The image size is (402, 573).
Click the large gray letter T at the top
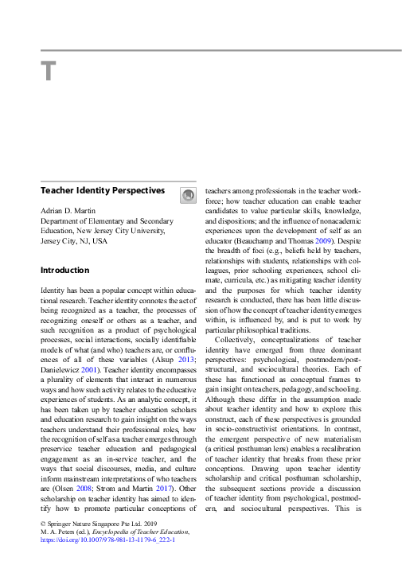[x=49, y=72]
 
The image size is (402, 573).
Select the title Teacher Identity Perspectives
[x=102, y=191]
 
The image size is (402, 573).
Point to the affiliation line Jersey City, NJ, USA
[x=73, y=241]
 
